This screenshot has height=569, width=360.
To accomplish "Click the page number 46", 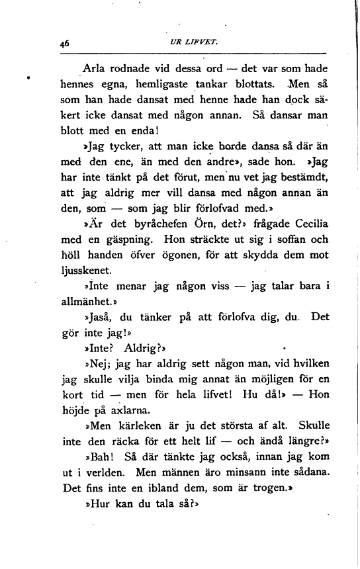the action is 64,42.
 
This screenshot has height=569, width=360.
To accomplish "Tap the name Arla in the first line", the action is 93,68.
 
